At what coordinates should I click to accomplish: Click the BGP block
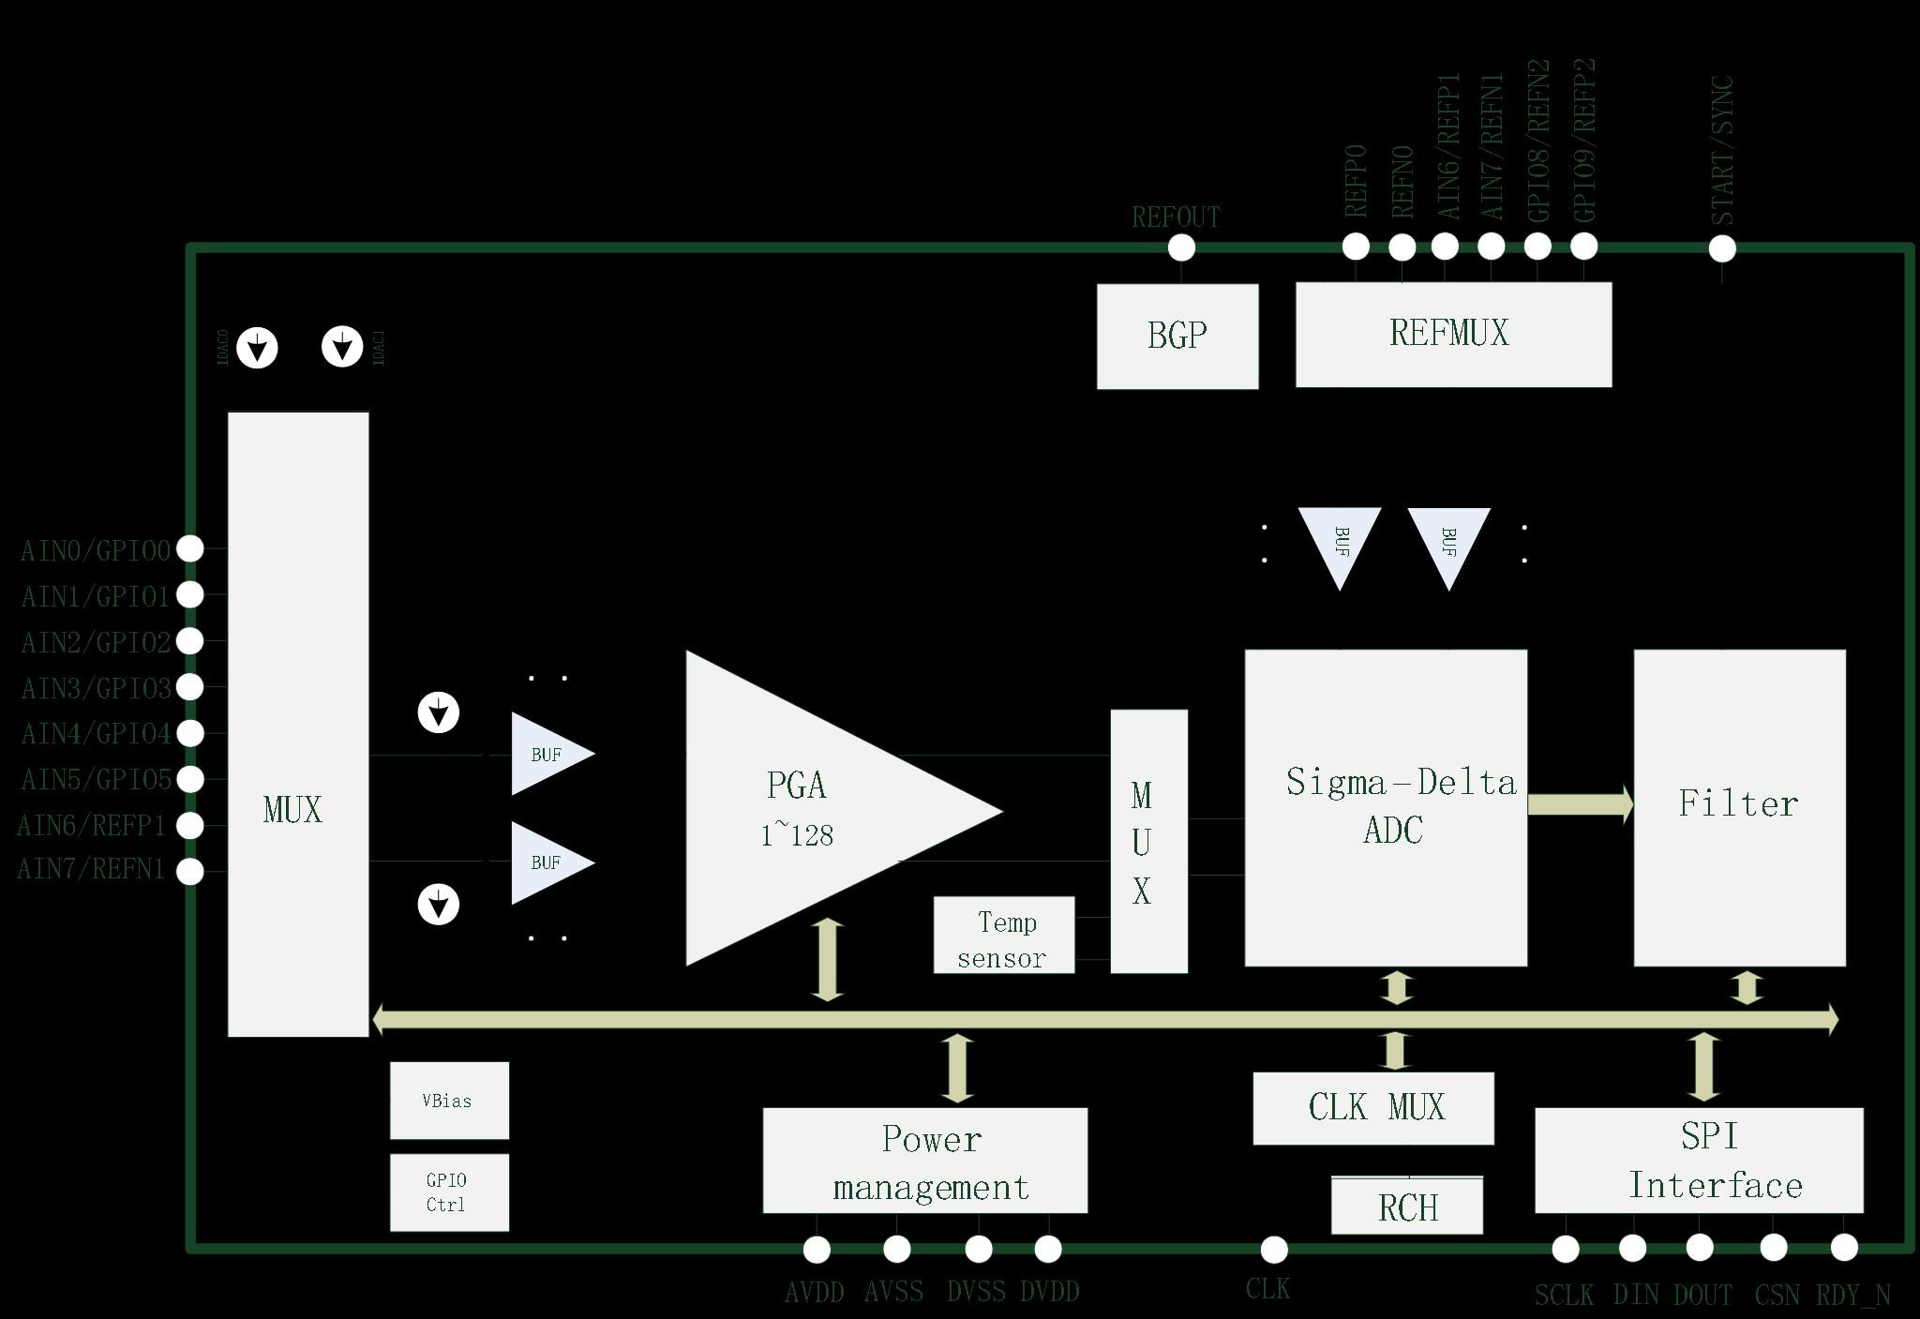click(x=1177, y=335)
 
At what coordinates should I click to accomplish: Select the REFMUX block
click(x=1453, y=334)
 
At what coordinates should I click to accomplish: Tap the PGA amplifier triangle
click(x=806, y=808)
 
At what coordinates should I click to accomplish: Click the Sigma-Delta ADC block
click(x=1386, y=807)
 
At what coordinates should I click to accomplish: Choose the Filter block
click(x=1739, y=807)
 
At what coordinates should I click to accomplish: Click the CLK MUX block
click(x=1372, y=1107)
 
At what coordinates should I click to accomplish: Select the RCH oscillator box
click(x=1406, y=1206)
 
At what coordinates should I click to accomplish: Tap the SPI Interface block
click(x=1698, y=1160)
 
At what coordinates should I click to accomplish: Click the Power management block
click(x=924, y=1161)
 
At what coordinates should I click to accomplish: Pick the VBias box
click(x=449, y=1101)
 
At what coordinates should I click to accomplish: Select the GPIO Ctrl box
click(x=449, y=1192)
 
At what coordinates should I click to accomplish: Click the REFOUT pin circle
click(x=1181, y=248)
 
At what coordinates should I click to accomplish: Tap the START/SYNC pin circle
click(x=1722, y=248)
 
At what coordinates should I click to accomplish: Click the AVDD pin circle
click(x=817, y=1249)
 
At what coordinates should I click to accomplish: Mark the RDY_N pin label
click(x=1852, y=1295)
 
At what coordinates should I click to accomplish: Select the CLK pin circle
click(x=1274, y=1249)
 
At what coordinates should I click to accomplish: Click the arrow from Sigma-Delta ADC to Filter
click(x=1580, y=804)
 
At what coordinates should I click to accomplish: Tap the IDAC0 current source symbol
click(x=257, y=348)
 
